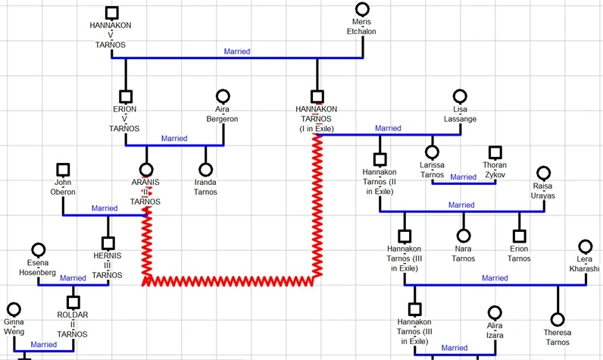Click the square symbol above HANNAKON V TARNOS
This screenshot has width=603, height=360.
point(112,12)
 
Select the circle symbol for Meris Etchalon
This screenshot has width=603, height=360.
point(362,10)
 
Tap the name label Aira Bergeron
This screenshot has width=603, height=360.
point(222,114)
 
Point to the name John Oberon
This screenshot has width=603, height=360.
point(64,187)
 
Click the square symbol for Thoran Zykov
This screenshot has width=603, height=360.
point(495,152)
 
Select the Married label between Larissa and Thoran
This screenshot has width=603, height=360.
point(463,177)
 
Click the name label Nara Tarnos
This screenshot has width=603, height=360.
point(463,254)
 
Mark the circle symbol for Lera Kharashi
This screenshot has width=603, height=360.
point(585,247)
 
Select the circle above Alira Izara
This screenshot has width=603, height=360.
point(495,312)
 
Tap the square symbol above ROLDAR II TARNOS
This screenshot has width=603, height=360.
point(73,302)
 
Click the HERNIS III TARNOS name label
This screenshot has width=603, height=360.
point(108,265)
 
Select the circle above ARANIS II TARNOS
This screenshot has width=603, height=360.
point(145,171)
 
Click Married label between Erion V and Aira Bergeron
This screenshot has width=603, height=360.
point(174,139)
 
